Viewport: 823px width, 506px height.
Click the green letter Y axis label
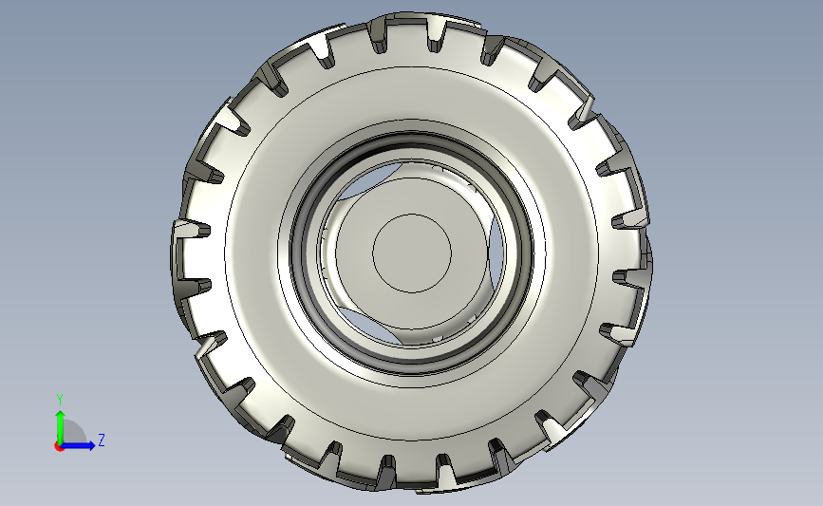(60, 400)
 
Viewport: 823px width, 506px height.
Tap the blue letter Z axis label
(102, 440)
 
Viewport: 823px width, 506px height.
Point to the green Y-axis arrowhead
(61, 416)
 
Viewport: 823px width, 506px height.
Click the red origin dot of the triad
(59, 446)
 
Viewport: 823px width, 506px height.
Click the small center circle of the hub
(412, 253)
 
